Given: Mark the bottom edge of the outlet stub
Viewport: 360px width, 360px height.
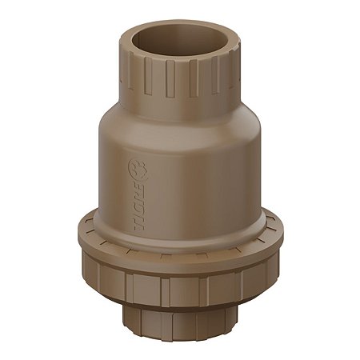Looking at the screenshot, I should click(x=180, y=340).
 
